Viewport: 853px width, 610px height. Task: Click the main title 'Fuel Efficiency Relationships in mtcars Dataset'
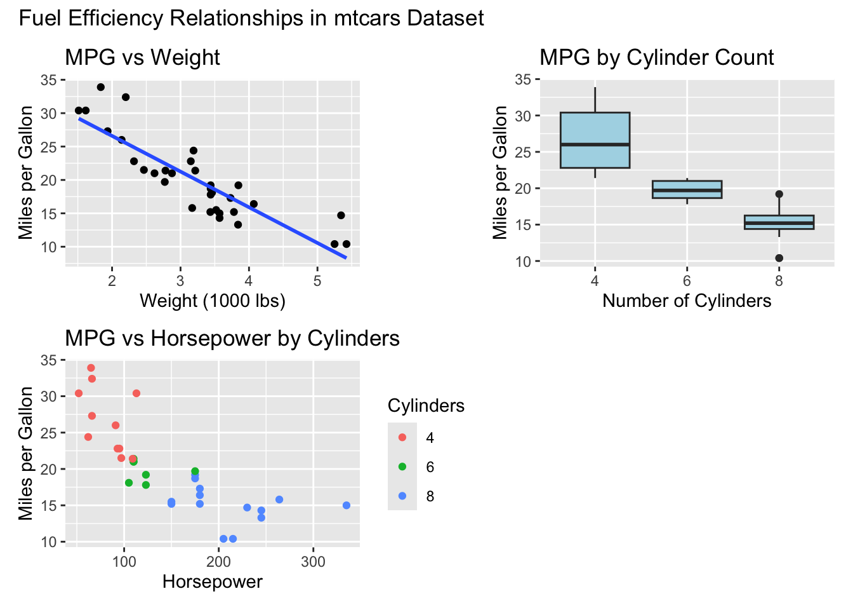point(251,18)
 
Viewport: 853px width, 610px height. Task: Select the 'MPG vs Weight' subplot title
point(142,58)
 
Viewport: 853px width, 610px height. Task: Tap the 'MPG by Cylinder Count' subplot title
point(656,58)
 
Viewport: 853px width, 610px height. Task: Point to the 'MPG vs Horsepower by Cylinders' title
point(232,339)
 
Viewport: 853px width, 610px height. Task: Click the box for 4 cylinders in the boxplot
point(595,140)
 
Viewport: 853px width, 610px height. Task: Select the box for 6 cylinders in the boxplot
point(687,189)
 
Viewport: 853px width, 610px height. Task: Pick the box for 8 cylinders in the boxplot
point(779,222)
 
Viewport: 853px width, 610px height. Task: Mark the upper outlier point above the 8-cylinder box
point(779,194)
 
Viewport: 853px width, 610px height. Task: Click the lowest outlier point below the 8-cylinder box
point(779,258)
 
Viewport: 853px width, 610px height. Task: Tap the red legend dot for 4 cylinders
point(402,437)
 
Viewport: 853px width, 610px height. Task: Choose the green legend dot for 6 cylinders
point(402,466)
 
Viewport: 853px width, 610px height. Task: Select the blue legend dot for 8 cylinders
point(402,496)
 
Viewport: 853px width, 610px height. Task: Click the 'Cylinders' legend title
point(426,406)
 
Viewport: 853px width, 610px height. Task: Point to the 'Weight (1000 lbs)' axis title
point(213,301)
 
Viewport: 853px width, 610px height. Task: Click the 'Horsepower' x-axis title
point(213,581)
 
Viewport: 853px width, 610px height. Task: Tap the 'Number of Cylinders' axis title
point(687,301)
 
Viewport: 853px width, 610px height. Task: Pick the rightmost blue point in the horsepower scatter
point(347,505)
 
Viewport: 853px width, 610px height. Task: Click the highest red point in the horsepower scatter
point(91,368)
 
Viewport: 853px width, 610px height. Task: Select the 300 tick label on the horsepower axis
point(313,562)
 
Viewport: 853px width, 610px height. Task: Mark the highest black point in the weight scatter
point(100,87)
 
